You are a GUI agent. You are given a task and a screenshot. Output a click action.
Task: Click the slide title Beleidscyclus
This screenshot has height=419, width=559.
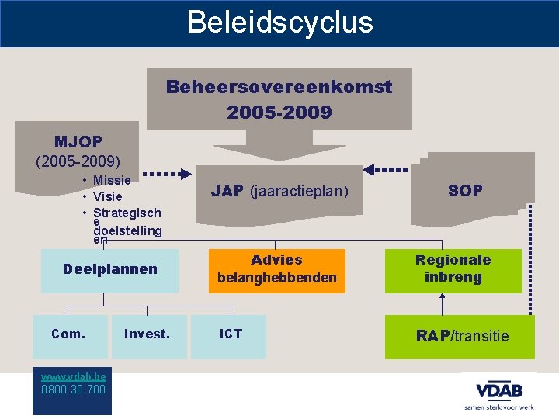pyautogui.click(x=279, y=23)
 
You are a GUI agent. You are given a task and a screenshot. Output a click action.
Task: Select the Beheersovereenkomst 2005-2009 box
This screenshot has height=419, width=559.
pyautogui.click(x=279, y=99)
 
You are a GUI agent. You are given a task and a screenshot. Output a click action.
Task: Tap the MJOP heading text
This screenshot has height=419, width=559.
pyautogui.click(x=78, y=142)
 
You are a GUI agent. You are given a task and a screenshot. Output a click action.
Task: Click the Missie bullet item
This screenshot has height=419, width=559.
pyautogui.click(x=112, y=180)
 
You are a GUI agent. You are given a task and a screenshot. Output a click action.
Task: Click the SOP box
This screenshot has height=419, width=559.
pyautogui.click(x=465, y=190)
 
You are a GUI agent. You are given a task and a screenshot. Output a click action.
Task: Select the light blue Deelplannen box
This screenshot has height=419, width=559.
pyautogui.click(x=109, y=270)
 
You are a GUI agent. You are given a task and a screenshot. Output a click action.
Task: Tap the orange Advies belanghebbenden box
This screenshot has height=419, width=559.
pyautogui.click(x=276, y=269)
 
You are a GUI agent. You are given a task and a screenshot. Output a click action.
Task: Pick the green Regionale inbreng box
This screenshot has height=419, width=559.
pyautogui.click(x=453, y=269)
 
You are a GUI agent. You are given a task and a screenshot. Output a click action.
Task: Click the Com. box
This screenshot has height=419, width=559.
pyautogui.click(x=68, y=334)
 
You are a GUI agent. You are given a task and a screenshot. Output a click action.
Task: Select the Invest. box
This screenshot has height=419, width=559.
pyautogui.click(x=147, y=334)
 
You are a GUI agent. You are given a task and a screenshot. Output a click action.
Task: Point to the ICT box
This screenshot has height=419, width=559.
pyautogui.click(x=230, y=334)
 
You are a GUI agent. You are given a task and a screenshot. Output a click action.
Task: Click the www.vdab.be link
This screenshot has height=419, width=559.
pyautogui.click(x=74, y=375)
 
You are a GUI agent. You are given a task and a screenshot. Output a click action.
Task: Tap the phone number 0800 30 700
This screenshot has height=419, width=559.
pyautogui.click(x=74, y=389)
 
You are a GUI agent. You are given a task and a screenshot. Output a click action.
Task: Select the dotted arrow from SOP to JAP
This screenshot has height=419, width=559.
pyautogui.click(x=386, y=169)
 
